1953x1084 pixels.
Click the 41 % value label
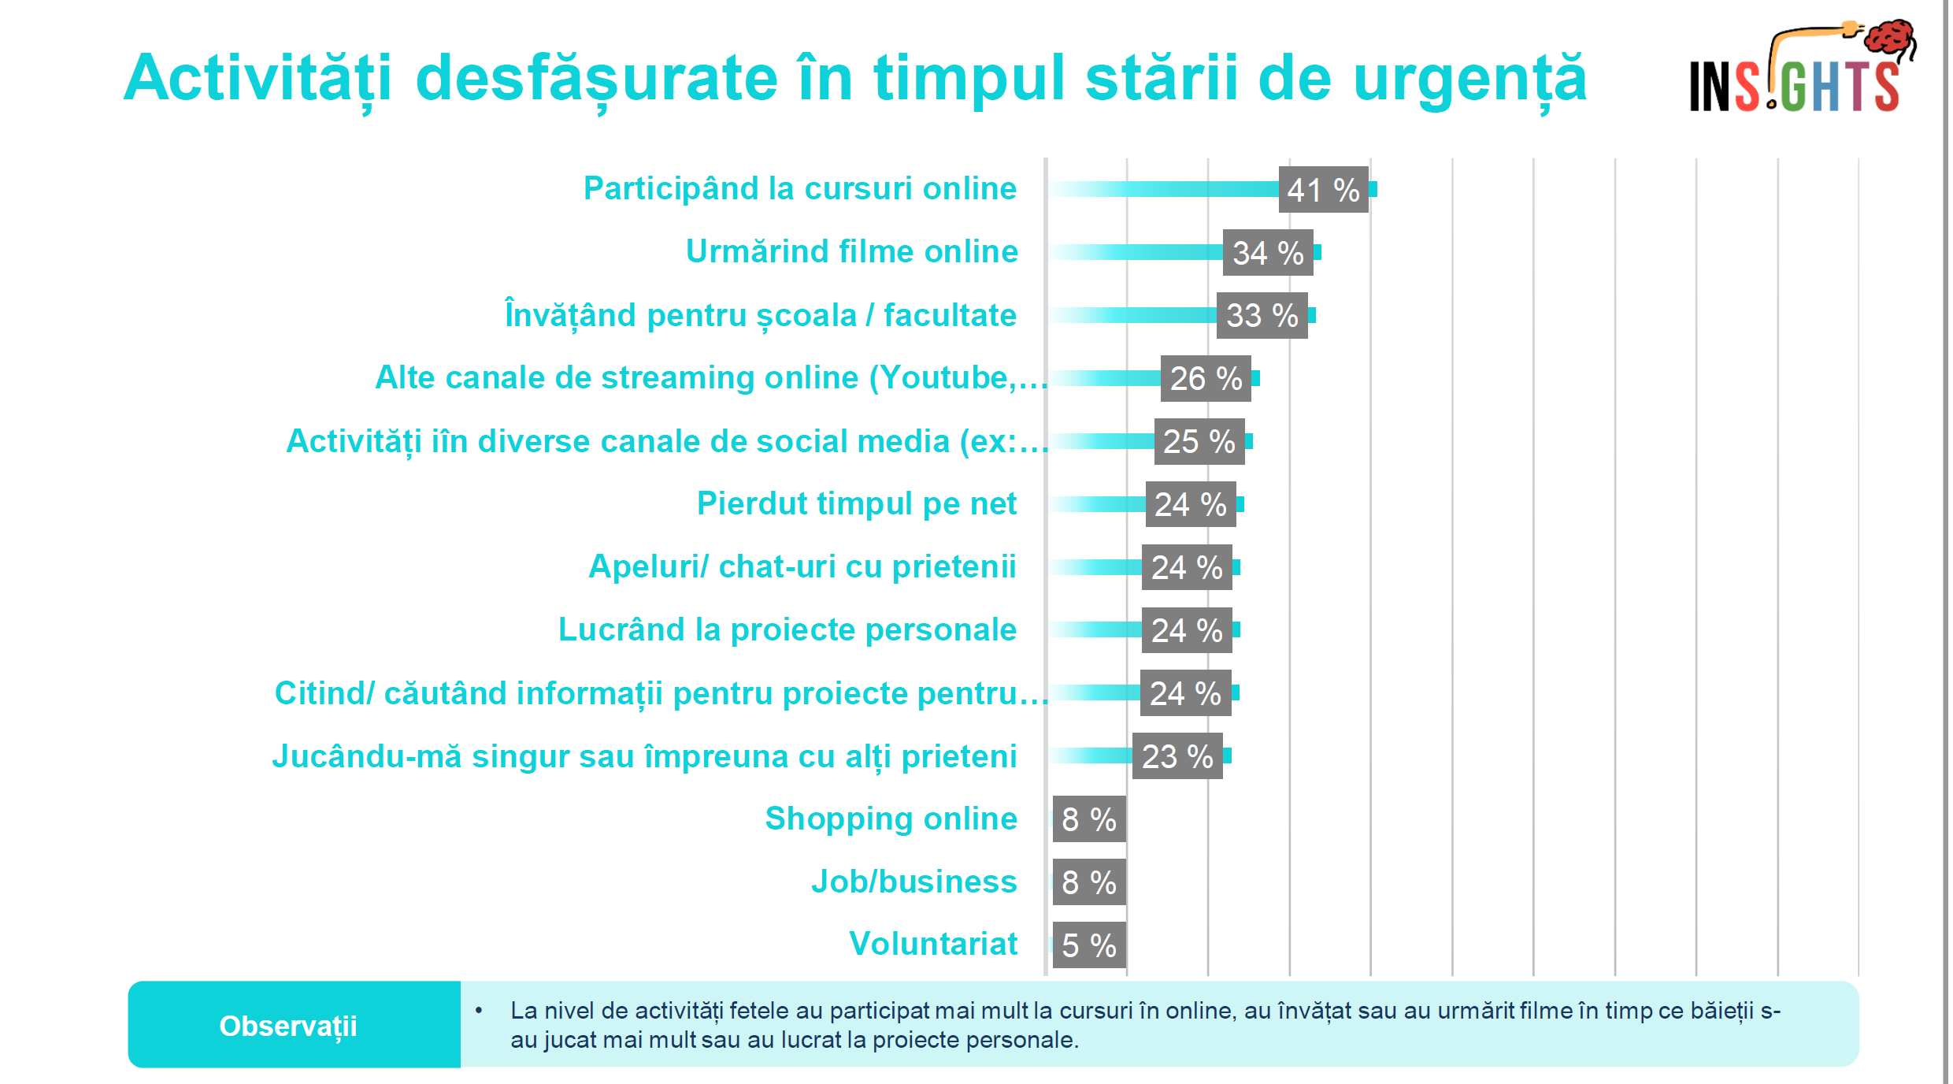click(x=1323, y=190)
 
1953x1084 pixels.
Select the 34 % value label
click(x=1268, y=253)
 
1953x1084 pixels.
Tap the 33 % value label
click(x=1262, y=316)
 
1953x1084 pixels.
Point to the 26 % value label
click(x=1206, y=379)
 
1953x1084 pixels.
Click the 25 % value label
click(x=1199, y=442)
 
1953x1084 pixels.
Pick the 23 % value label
click(x=1177, y=757)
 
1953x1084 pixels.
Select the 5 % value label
click(x=1089, y=945)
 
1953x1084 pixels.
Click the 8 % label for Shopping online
click(x=1089, y=819)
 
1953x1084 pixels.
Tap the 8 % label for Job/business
click(x=1089, y=882)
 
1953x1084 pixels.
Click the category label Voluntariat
click(x=933, y=944)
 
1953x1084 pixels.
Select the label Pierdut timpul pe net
click(x=857, y=503)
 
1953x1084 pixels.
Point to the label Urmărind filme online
click(x=852, y=251)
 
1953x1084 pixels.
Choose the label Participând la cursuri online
click(x=800, y=188)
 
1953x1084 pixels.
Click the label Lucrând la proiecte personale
click(x=787, y=629)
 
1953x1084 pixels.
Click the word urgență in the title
click(x=1469, y=79)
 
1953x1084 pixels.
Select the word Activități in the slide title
click(x=258, y=79)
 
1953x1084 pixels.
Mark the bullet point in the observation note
click(x=479, y=1010)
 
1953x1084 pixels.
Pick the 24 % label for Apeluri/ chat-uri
click(x=1187, y=567)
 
